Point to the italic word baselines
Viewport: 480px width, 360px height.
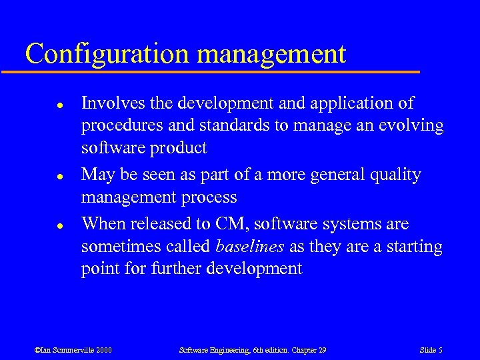(251, 247)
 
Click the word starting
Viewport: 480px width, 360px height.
(414, 247)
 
